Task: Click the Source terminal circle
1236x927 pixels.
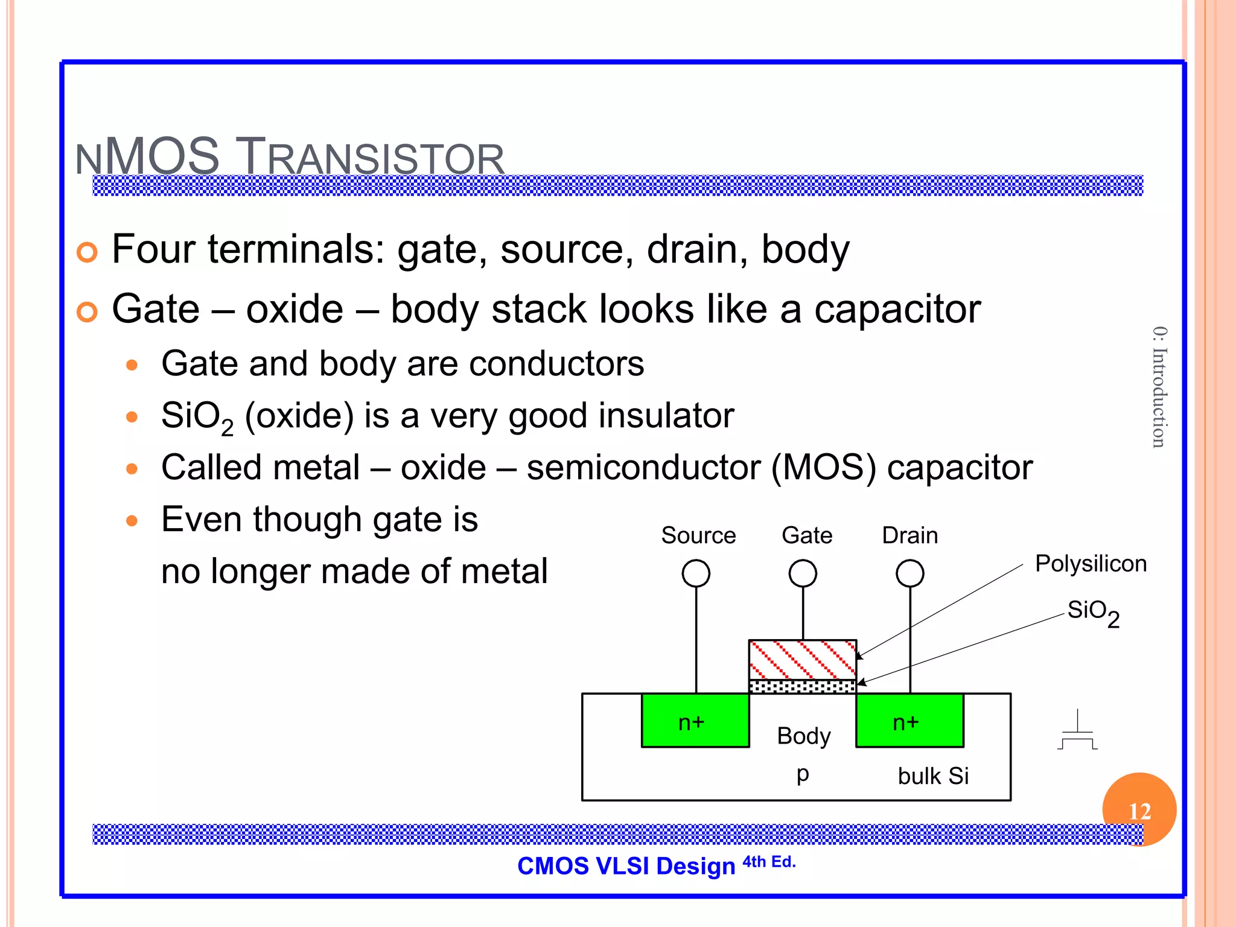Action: tap(696, 573)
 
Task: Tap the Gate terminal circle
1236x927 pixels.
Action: tap(803, 573)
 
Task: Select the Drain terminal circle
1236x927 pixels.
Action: tap(910, 573)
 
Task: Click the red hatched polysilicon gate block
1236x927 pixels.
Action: tap(803, 660)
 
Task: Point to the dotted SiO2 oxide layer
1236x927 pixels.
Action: tap(803, 687)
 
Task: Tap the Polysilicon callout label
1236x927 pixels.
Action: tap(1091, 564)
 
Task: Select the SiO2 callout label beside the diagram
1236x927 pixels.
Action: tap(1093, 612)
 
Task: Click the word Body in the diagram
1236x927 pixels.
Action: tap(803, 736)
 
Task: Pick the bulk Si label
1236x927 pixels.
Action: tap(933, 776)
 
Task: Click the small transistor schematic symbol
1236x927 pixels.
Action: tap(1077, 731)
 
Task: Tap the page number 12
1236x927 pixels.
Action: tap(1139, 811)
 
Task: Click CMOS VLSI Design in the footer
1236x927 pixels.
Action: tap(626, 866)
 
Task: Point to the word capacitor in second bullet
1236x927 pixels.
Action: tap(897, 310)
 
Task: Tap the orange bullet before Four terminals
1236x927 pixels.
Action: tap(88, 252)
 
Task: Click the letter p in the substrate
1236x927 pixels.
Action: tap(803, 774)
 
